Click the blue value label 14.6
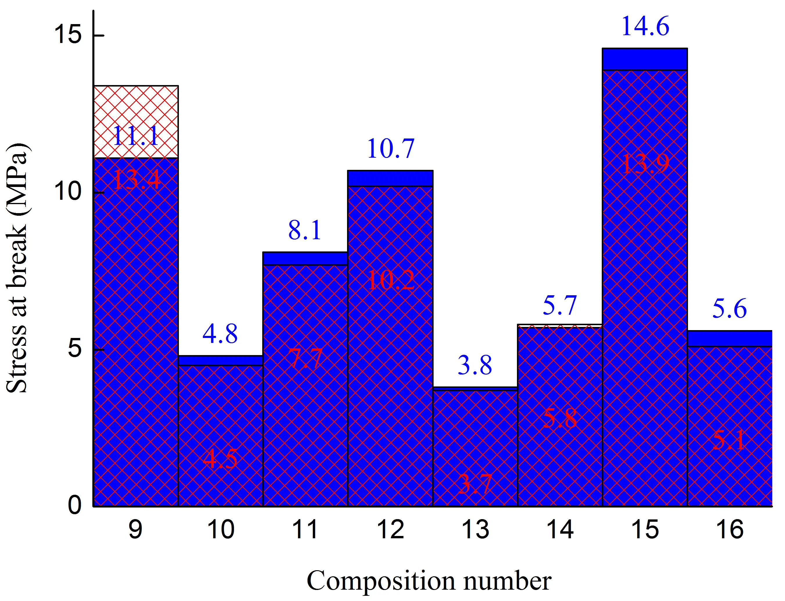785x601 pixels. [x=645, y=27]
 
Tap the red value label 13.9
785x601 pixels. [x=645, y=164]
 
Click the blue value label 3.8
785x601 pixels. [x=475, y=365]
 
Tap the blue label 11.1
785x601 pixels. [x=136, y=136]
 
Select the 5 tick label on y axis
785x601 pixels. [x=74, y=349]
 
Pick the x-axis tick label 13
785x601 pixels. [x=475, y=530]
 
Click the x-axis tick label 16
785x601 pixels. [x=730, y=530]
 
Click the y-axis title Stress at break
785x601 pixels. [x=17, y=268]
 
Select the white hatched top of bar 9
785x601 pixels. [x=136, y=107]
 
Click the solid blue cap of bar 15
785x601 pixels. [x=645, y=59]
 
